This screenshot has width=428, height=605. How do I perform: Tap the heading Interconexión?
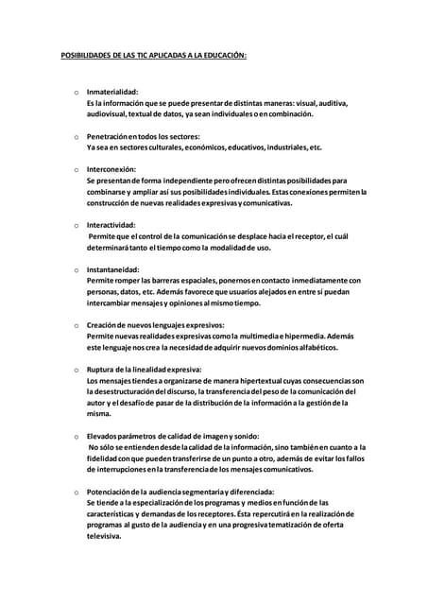111,169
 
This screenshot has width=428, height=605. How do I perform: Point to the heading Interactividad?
111,225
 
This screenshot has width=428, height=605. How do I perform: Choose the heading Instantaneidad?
113,269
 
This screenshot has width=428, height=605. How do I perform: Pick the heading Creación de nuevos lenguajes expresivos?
154,325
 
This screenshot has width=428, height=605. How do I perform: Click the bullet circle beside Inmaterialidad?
75,92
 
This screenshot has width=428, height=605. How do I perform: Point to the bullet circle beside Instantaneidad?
75,270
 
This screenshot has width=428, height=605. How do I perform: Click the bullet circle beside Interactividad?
75,226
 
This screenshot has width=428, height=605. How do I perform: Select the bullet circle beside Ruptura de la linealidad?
75,370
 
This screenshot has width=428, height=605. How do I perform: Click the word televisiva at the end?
104,536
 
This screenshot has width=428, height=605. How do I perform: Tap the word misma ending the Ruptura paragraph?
98,413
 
